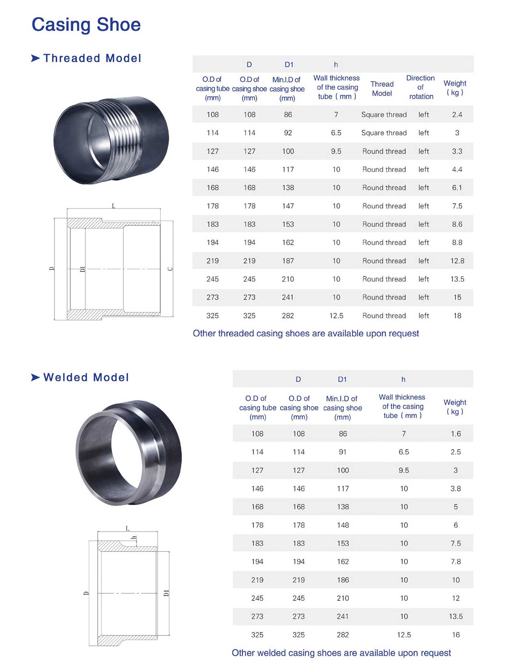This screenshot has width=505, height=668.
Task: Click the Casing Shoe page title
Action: point(86,25)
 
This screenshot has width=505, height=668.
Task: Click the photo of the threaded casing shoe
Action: point(111,141)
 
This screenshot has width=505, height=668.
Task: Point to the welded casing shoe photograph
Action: point(129,453)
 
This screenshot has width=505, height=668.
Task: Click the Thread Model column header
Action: point(382,88)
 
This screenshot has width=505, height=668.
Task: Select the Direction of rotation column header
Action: point(421,87)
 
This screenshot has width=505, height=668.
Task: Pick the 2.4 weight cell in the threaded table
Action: point(457,115)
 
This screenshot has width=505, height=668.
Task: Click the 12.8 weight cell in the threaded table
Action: point(457,261)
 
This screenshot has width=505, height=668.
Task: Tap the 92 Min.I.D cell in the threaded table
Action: point(288,133)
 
